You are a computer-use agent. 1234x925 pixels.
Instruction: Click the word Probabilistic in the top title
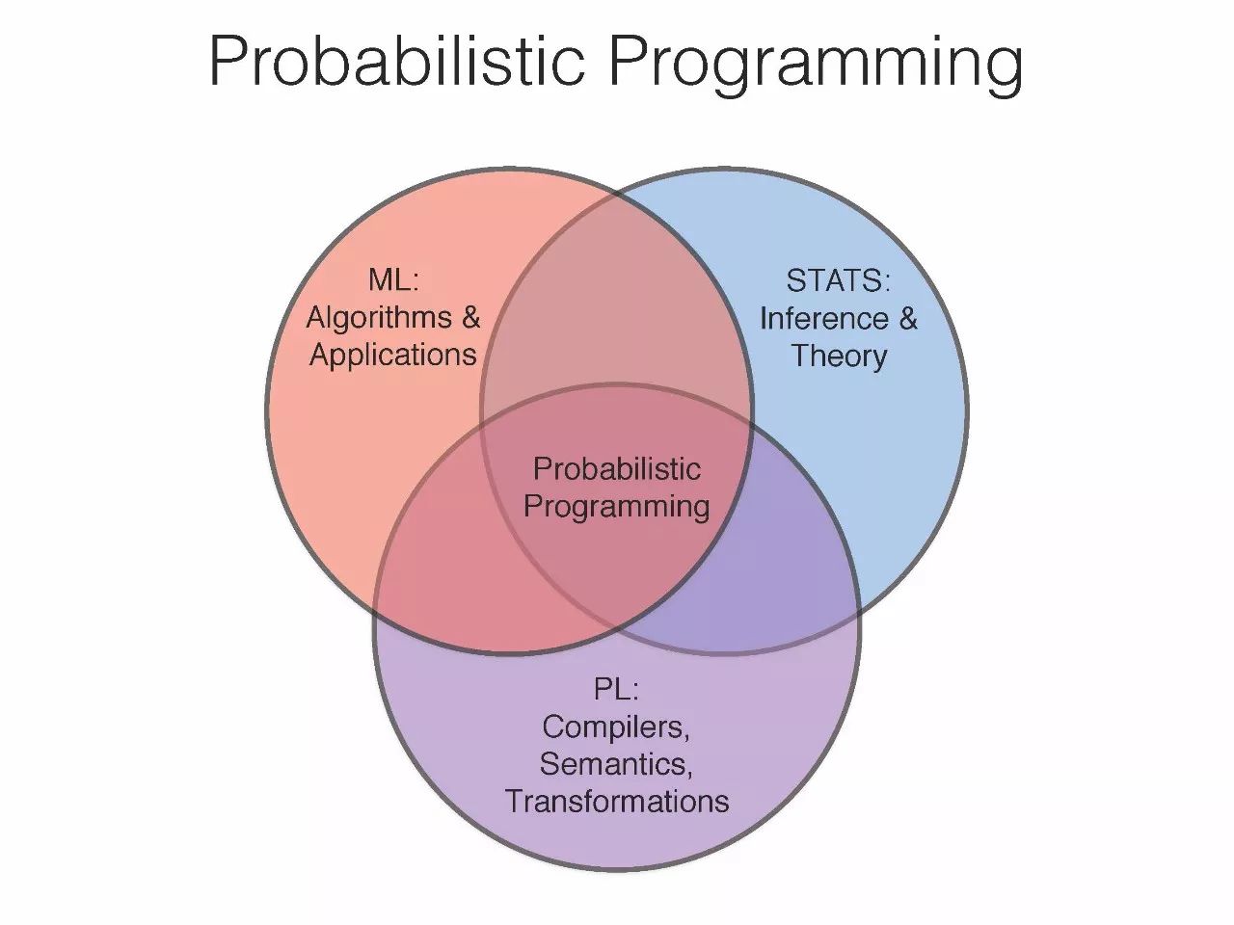397,61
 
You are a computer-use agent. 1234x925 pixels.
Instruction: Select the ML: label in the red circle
393,279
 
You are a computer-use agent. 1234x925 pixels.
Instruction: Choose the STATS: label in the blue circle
838,280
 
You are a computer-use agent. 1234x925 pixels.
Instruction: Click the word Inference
824,319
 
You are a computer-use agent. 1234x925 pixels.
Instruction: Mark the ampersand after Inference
907,319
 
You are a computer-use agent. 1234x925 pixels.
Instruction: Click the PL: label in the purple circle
616,689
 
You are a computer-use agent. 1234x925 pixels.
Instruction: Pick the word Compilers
616,727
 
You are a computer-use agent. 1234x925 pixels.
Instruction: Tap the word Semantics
616,764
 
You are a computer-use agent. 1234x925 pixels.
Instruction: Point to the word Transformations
617,802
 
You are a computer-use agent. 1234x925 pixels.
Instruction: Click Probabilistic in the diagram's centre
617,469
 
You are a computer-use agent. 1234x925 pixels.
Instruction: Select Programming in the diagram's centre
617,507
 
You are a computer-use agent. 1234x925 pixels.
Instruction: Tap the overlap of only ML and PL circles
467,562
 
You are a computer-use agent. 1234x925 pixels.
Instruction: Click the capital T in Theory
801,356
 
